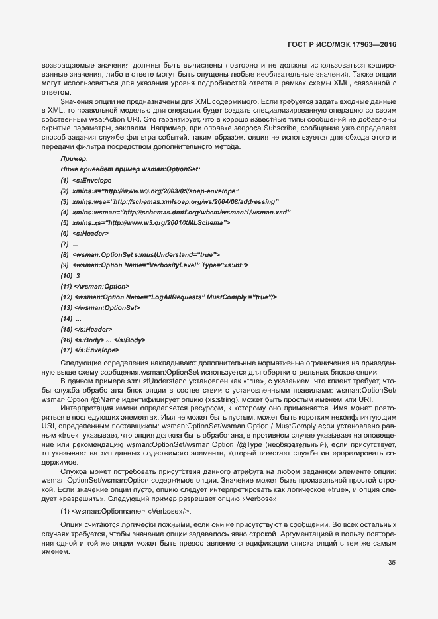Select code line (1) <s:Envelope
click(86, 181)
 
